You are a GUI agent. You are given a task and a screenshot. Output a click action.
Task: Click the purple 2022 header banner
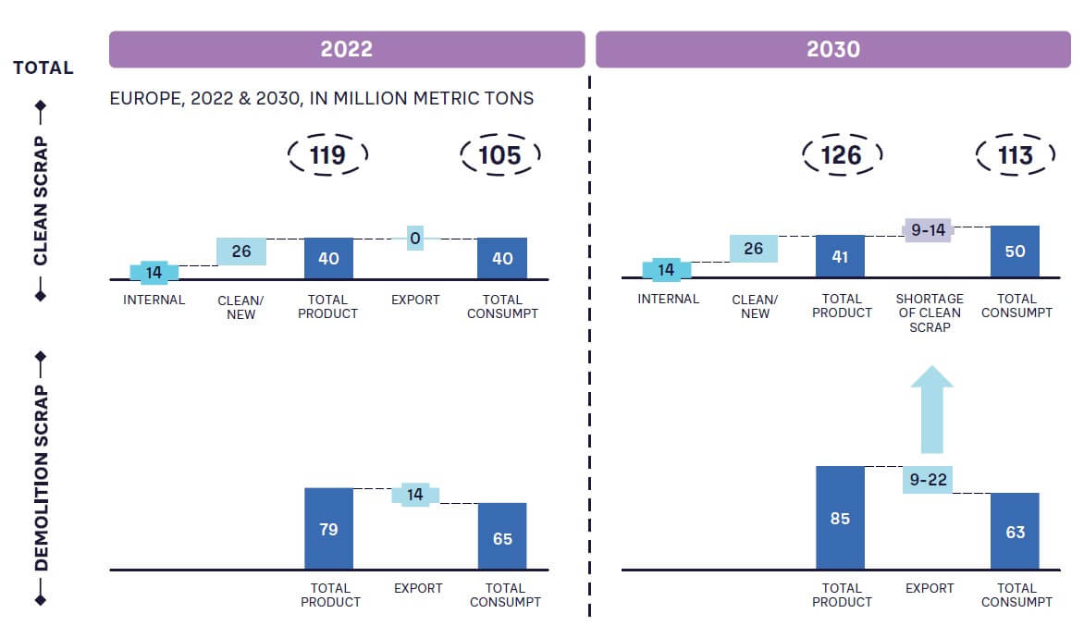[347, 49]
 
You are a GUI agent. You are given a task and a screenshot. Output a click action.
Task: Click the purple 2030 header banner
[833, 49]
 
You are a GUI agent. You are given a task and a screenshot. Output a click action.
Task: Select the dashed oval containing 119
[327, 154]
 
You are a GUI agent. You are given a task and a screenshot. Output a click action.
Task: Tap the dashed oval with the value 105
[500, 154]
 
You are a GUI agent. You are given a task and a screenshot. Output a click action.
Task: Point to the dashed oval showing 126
[842, 154]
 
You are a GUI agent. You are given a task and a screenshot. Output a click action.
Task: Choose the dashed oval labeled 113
[1016, 154]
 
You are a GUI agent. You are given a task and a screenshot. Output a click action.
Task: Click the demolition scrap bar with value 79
[328, 529]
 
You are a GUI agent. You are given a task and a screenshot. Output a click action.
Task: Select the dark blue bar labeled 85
[840, 518]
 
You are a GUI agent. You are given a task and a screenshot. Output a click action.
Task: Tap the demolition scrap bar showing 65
[502, 536]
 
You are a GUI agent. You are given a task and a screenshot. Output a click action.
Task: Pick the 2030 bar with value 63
[1015, 532]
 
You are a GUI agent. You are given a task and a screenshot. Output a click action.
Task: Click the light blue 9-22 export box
[928, 479]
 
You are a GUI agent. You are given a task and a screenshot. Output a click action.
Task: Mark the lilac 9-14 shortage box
[928, 230]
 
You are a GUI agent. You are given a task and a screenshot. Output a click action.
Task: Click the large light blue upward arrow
[931, 409]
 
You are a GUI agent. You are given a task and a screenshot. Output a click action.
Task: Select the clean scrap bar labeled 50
[1015, 252]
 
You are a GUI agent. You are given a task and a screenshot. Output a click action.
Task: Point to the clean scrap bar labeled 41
[840, 256]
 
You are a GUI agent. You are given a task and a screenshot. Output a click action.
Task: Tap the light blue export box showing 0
[415, 239]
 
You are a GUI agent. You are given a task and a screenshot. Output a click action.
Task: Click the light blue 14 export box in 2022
[415, 495]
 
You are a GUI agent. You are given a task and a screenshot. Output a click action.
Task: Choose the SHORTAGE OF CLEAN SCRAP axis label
[930, 313]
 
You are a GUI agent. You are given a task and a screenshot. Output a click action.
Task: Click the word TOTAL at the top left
[43, 68]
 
